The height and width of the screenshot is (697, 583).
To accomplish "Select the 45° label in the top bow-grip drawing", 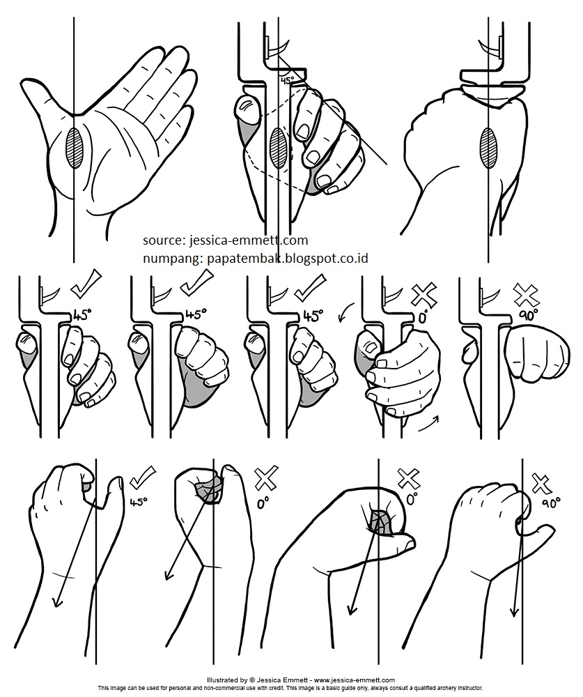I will coord(287,81).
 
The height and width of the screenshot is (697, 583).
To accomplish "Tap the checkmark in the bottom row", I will coord(142,480).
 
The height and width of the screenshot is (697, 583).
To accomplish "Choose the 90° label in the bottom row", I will coord(550,503).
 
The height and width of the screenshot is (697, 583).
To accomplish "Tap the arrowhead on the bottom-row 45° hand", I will coord(57,600).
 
